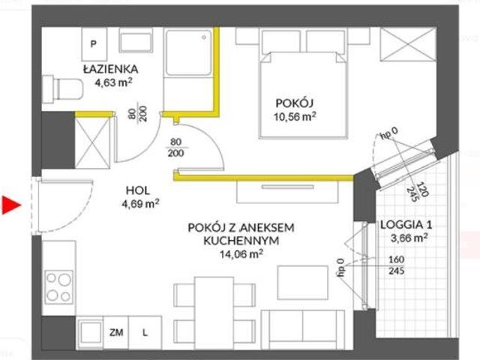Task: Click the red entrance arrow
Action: pos(10,205)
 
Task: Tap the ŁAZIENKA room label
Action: pos(111,69)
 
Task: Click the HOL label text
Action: pos(138,190)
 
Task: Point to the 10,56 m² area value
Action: pos(295,117)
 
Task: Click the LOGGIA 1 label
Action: pos(406,225)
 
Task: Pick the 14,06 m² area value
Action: pos(241,253)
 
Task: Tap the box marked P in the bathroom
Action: pos(94,44)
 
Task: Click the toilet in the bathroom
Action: pos(63,89)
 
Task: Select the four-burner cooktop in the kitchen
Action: pos(58,287)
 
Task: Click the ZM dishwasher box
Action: pos(116,332)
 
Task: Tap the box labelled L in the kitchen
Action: pos(145,332)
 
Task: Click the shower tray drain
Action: pos(204,37)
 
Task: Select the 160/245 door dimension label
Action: pos(397,265)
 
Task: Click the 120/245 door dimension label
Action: pos(418,192)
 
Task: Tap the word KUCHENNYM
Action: pos(241,241)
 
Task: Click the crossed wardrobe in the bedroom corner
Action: pos(408,45)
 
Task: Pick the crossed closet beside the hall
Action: pos(92,143)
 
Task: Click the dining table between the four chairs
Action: pos(214,312)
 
